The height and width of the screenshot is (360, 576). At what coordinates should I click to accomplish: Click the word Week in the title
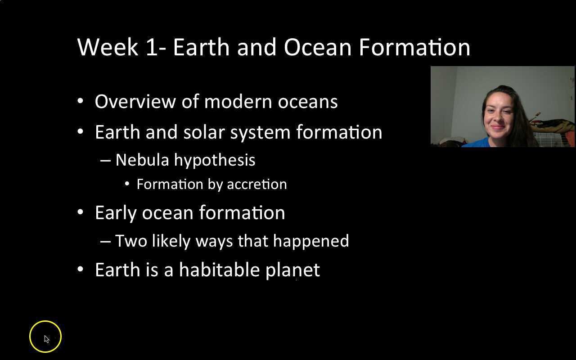108,47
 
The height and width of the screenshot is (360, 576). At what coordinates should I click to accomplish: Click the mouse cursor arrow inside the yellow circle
46,338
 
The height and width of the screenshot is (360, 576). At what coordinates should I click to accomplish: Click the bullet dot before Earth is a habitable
80,269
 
